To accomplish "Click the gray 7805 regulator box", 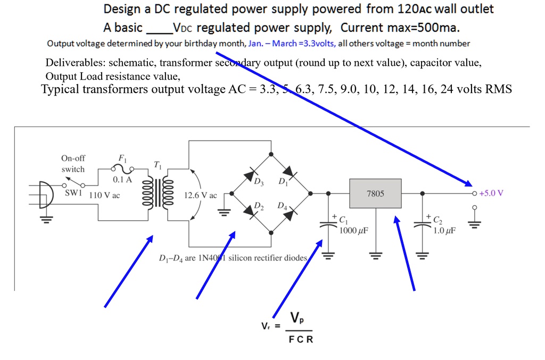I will (375, 193).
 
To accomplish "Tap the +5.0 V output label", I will (492, 193).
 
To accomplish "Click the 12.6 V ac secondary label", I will (200, 195).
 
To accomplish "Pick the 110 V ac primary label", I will (104, 195).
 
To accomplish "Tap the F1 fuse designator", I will (121, 158).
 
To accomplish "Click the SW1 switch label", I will (73, 192).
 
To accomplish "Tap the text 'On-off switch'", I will (73, 164).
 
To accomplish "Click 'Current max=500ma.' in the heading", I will (400, 28).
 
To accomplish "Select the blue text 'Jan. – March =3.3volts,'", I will (292, 43).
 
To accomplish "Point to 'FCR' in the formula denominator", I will (301, 339).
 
